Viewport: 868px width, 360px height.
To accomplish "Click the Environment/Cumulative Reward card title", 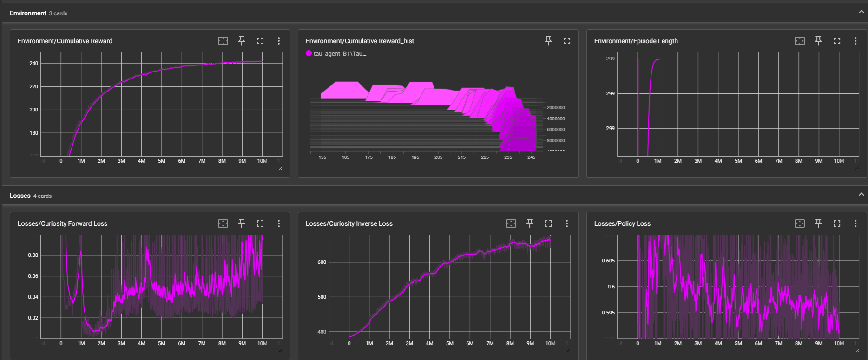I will click(x=65, y=41).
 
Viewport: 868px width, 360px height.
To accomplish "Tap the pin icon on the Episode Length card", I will click(x=818, y=41).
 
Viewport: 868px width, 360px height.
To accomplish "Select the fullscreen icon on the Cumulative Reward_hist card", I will click(x=567, y=41).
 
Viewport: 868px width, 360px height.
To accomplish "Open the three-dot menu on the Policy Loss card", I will click(x=855, y=223).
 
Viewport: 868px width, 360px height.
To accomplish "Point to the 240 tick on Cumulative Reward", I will click(x=33, y=63).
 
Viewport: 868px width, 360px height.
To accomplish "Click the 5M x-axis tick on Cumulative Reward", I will click(x=162, y=161).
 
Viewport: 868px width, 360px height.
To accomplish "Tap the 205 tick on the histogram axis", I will click(x=438, y=157).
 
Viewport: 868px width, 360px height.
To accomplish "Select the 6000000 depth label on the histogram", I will click(x=556, y=130).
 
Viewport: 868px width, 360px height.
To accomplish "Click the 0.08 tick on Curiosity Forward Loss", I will click(x=33, y=255).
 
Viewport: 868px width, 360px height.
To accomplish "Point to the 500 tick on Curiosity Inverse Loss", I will click(x=322, y=297).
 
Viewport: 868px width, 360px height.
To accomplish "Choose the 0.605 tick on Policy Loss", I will click(x=608, y=261).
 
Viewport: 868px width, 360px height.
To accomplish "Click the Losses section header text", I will click(x=20, y=196).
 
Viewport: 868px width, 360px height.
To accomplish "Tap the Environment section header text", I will click(x=28, y=13).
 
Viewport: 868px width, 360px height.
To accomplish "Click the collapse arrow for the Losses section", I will click(x=861, y=194).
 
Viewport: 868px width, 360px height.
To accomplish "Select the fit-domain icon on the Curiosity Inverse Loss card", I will click(x=511, y=223).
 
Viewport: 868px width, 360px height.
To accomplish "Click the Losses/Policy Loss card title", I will click(x=622, y=223).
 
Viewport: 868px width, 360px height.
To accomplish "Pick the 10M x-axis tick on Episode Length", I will click(x=839, y=161).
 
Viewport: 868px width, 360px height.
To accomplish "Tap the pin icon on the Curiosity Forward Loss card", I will click(x=242, y=223).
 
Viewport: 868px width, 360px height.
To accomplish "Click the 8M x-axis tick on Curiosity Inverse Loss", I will click(x=510, y=343).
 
